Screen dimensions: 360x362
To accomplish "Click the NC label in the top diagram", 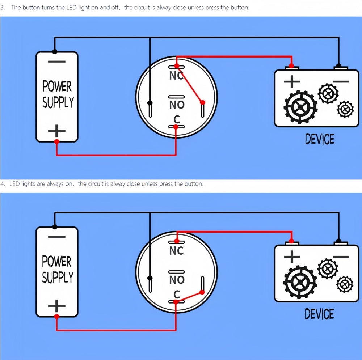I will pyautogui.click(x=176, y=76).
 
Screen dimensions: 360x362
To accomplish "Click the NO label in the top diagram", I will pyautogui.click(x=177, y=105).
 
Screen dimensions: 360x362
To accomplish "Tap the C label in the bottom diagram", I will pyautogui.click(x=177, y=294).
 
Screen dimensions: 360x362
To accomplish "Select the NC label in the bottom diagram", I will pyautogui.click(x=176, y=251).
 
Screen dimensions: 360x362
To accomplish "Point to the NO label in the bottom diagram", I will pyautogui.click(x=177, y=280).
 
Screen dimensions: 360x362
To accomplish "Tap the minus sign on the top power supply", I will pyautogui.click(x=56, y=62).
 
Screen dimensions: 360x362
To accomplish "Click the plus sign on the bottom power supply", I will pyautogui.click(x=56, y=306).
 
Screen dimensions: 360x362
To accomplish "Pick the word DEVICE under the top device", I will pyautogui.click(x=320, y=139).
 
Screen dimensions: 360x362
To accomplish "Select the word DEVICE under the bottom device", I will pyautogui.click(x=319, y=314).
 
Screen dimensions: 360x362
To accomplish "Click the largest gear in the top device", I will pyautogui.click(x=300, y=107).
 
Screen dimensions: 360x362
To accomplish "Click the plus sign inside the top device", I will pyautogui.click(x=291, y=81).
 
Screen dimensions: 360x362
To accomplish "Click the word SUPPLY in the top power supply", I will pyautogui.click(x=58, y=102).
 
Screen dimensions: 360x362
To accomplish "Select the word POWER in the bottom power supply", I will pyautogui.click(x=57, y=261).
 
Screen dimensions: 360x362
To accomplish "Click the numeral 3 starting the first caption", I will pyautogui.click(x=3, y=7).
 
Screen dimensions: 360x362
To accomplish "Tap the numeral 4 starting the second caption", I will pyautogui.click(x=3, y=184).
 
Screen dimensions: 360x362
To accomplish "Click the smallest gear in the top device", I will pyautogui.click(x=345, y=109).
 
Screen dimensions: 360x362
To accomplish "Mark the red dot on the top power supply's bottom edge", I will pyautogui.click(x=56, y=141).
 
